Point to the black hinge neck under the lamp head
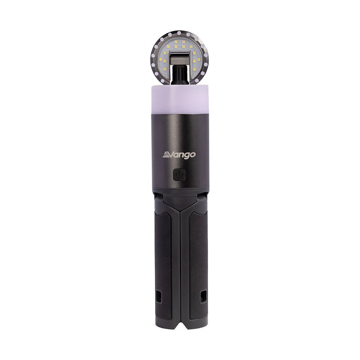[180, 75]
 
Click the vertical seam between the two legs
[180, 252]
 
